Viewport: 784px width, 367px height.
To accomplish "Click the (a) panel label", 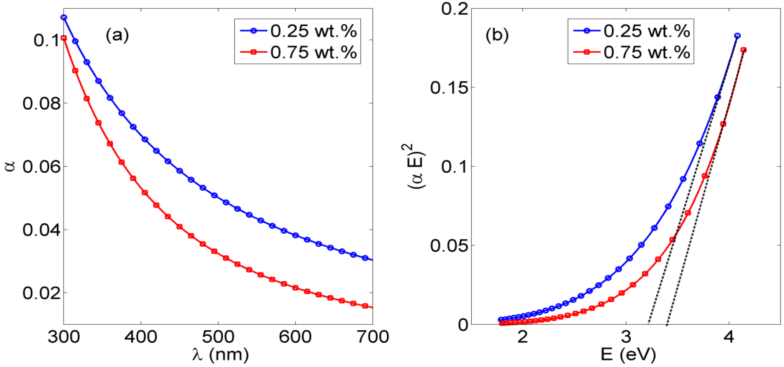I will coord(117,35).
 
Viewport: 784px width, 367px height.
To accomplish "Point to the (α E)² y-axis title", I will coord(416,166).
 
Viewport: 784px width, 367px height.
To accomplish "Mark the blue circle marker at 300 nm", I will coord(64,18).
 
